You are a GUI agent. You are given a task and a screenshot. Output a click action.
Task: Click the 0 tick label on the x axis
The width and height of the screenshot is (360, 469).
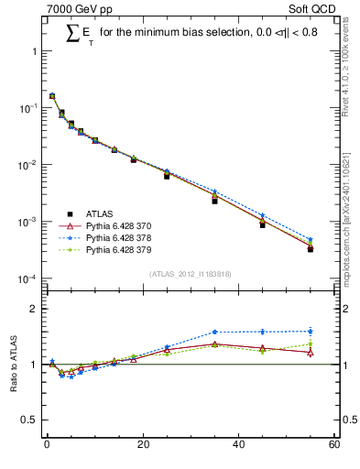[x=47, y=445]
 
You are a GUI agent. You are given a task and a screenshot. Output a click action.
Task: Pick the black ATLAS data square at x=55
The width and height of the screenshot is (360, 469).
[x=311, y=249]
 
